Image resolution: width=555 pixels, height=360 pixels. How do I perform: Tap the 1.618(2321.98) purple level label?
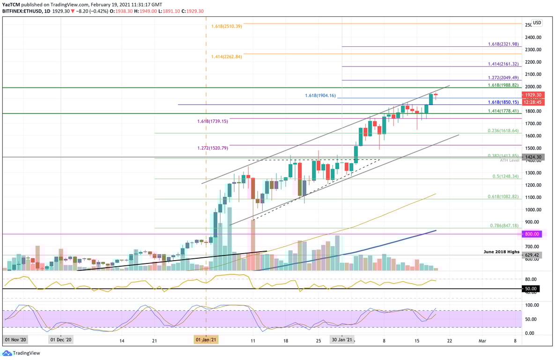tap(503, 44)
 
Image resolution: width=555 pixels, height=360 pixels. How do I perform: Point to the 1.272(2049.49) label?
tap(503, 77)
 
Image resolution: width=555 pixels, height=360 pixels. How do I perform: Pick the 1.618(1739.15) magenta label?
tap(212, 121)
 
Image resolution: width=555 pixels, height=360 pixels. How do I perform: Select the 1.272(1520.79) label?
tap(212, 148)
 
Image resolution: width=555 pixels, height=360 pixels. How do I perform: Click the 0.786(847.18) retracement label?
tap(504, 225)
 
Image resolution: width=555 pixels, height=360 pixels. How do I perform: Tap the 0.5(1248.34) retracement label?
tap(506, 176)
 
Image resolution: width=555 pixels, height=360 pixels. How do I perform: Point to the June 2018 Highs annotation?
tap(502, 252)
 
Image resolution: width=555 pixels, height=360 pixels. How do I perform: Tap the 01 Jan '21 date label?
tap(206, 340)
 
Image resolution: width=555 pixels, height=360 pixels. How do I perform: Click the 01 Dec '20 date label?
tap(60, 340)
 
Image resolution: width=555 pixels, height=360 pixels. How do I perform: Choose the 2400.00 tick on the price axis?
tap(533, 37)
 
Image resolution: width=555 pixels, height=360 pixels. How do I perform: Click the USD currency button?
tap(537, 22)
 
